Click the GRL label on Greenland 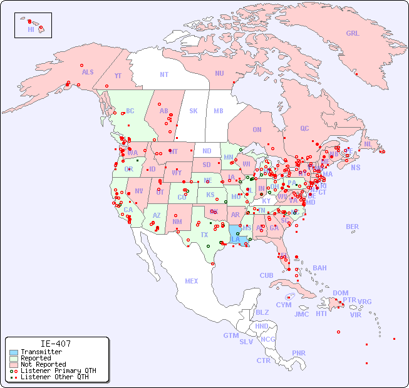tap(353, 33)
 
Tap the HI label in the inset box tap(31, 29)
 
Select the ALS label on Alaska tap(88, 72)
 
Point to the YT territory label tap(118, 76)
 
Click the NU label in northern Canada tap(219, 73)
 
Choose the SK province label tap(194, 111)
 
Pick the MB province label tap(218, 111)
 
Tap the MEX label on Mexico tap(192, 281)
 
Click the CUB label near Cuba tap(266, 275)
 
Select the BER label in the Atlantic tap(352, 227)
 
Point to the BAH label tap(319, 268)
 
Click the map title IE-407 tap(56, 344)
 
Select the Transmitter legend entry tap(41, 352)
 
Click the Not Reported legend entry tap(43, 364)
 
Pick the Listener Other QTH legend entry tap(54, 377)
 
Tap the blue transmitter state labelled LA tap(236, 239)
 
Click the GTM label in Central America tap(230, 335)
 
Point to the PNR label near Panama tap(299, 353)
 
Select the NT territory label tap(163, 74)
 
